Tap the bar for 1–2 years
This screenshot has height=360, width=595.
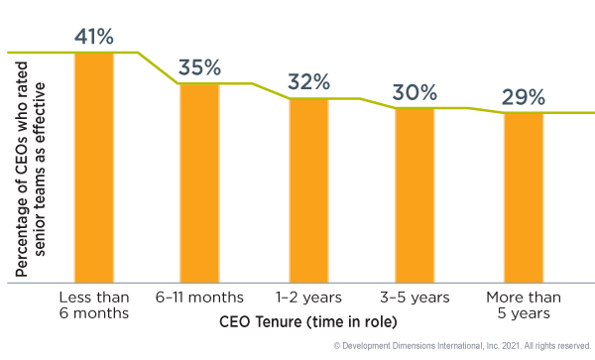coord(308,189)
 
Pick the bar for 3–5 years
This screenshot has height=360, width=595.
coord(415,194)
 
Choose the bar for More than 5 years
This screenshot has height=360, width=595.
coord(523,197)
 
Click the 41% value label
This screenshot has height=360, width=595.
coord(95,38)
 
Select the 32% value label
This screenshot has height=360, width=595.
coord(308,83)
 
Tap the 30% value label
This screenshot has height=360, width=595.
coord(415,93)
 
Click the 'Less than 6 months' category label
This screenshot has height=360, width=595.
coord(95,305)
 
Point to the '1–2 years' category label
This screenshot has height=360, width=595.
coord(308,298)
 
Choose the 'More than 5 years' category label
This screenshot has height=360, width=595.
coord(523,305)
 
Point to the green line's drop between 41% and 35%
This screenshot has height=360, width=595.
coord(159,67)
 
